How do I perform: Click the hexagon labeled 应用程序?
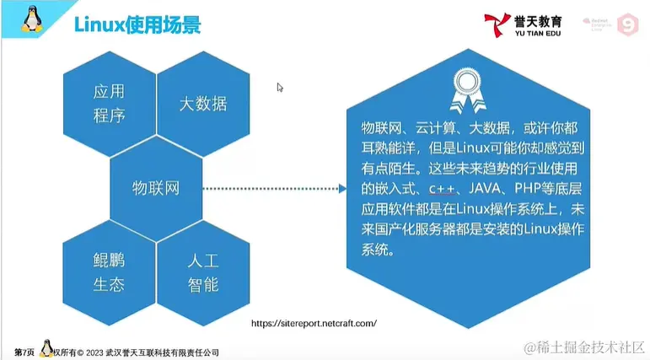click(x=109, y=103)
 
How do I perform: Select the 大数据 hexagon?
click(x=202, y=103)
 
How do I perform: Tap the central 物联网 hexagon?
click(x=156, y=188)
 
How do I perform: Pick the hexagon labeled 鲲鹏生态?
click(x=109, y=271)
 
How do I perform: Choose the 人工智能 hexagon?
click(x=202, y=271)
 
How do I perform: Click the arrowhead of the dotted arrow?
click(x=341, y=189)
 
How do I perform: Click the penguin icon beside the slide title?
click(x=34, y=20)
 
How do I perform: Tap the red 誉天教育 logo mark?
click(x=497, y=24)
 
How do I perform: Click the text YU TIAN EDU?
click(x=540, y=35)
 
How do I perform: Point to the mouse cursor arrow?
click(x=280, y=87)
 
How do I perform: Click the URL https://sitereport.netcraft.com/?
click(x=314, y=323)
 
